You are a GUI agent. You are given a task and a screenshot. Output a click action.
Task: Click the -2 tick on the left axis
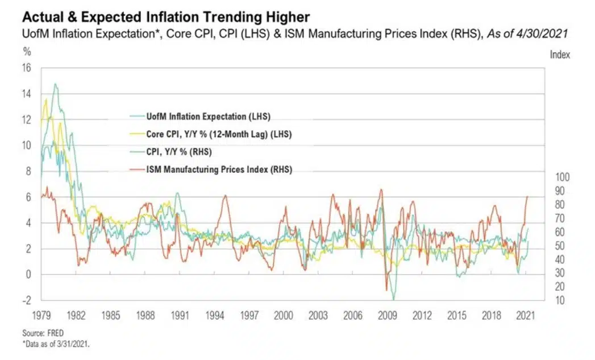[x=26, y=300]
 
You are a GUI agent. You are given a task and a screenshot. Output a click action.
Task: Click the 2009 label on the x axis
[x=388, y=315]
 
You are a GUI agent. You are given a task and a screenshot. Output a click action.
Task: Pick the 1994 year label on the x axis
[x=214, y=315]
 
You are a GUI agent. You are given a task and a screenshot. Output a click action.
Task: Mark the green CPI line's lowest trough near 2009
[x=393, y=299]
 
